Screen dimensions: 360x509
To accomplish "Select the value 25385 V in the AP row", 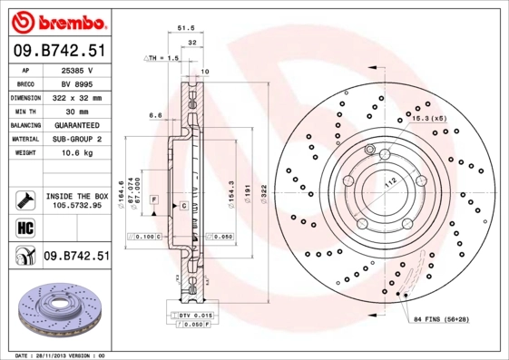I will (x=77, y=69).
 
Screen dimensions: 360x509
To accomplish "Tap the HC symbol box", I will (x=25, y=227).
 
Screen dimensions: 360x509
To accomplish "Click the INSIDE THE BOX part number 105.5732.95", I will (x=78, y=206).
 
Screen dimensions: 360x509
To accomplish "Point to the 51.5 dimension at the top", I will (x=186, y=28).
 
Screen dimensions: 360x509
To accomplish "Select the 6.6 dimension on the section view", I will (x=155, y=116).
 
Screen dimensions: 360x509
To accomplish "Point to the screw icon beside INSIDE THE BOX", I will (x=25, y=199).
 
